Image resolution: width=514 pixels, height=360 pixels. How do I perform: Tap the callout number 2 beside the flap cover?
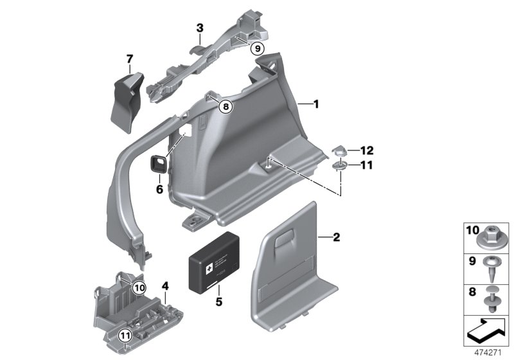coord(336,237)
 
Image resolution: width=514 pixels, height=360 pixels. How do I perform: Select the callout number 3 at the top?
coord(200,28)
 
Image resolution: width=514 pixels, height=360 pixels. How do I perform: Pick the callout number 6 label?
coord(158,190)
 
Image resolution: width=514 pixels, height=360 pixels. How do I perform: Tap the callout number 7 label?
coord(129,60)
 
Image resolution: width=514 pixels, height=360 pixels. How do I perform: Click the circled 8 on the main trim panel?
coord(224,107)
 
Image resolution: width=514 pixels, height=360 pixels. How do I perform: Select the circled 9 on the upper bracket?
coord(256,48)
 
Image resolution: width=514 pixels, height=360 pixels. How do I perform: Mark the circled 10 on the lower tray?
coord(139,287)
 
